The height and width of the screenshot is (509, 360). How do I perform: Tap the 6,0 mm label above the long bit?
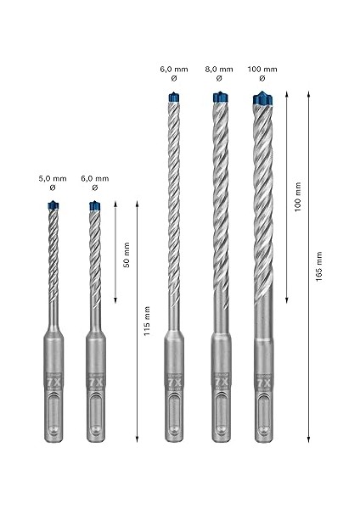(176, 68)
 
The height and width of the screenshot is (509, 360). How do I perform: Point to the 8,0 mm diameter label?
(220, 68)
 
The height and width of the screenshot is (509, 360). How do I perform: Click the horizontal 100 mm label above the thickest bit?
(264, 68)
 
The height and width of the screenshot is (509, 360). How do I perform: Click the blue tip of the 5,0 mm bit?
(54, 205)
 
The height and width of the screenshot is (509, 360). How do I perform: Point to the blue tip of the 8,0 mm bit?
(220, 98)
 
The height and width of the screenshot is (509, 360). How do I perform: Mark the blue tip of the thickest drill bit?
(264, 100)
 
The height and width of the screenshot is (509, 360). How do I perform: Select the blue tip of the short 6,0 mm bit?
(95, 206)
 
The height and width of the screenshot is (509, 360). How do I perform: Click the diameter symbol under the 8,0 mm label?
(220, 79)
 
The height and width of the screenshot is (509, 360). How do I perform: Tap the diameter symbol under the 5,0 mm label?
(55, 189)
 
